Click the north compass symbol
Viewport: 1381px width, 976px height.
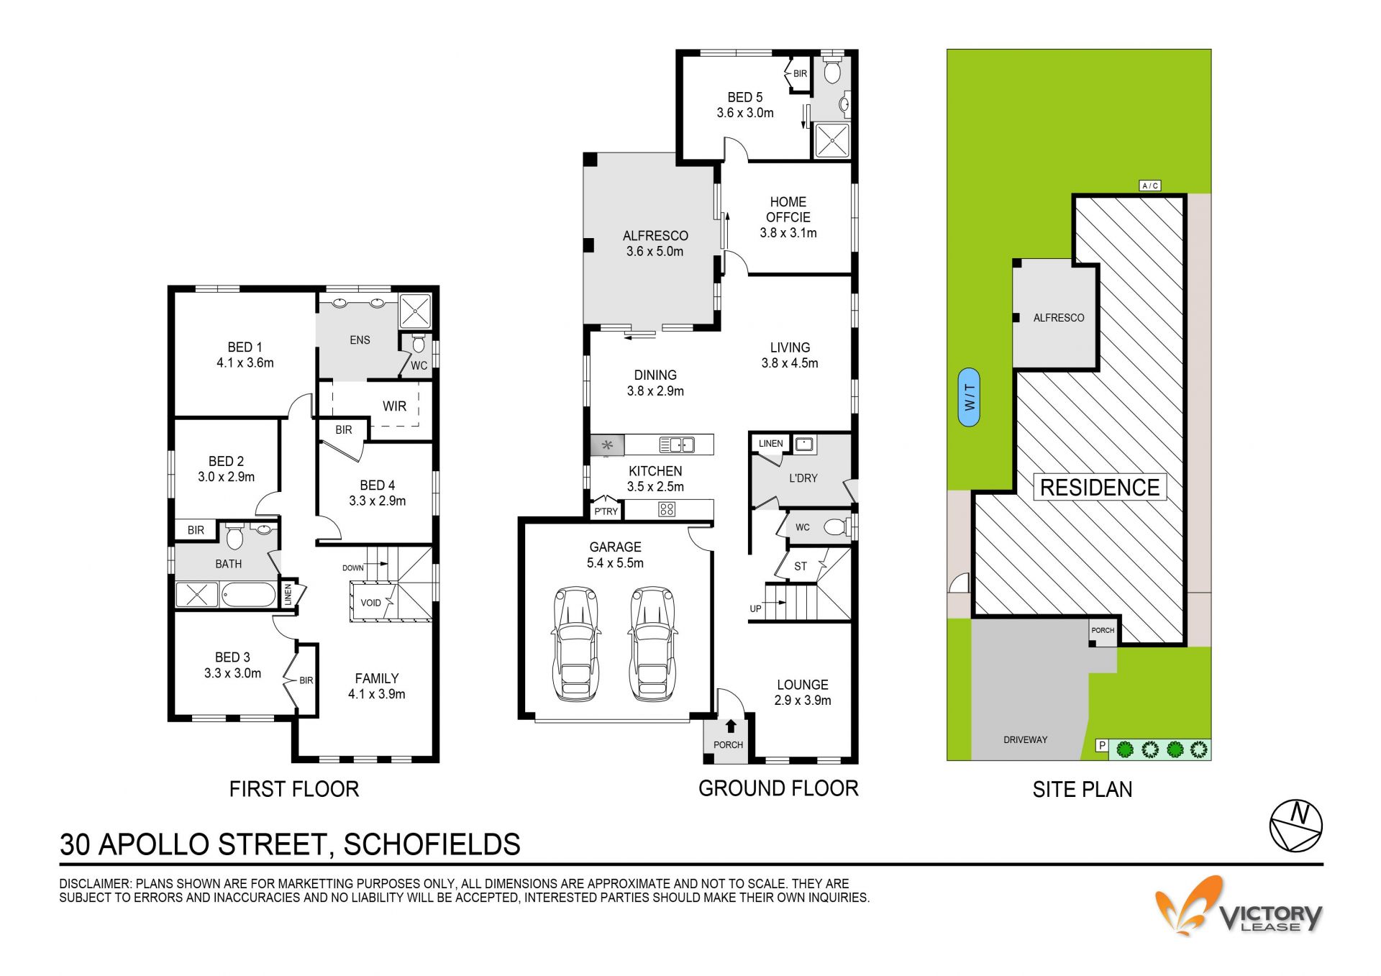1295,825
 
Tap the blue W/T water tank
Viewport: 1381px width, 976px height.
969,397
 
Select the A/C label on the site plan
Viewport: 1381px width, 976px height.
1150,186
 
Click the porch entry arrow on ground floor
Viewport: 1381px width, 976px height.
731,726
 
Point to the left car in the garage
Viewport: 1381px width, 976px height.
575,644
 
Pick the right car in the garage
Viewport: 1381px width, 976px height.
652,644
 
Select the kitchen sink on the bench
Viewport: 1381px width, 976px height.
676,444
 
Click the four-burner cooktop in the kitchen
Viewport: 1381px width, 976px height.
667,510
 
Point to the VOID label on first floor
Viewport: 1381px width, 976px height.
371,603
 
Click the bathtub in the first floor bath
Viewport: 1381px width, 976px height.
248,596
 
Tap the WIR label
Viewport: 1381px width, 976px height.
394,406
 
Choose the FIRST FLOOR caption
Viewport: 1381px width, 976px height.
294,790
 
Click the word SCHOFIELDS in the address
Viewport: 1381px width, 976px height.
432,844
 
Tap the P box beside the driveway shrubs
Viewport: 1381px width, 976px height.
1101,746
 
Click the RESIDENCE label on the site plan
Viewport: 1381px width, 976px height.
1100,488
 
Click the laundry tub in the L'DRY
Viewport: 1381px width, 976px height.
804,444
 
